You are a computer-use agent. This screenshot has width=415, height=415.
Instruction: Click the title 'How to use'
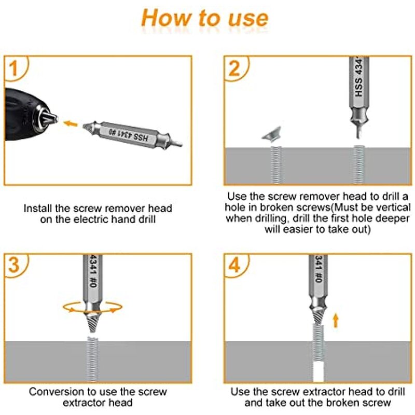click(x=205, y=18)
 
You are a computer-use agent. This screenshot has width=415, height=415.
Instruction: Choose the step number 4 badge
click(x=234, y=266)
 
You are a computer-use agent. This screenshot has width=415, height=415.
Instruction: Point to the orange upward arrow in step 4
click(x=336, y=320)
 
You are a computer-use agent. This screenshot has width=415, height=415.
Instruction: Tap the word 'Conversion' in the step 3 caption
click(x=57, y=392)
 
